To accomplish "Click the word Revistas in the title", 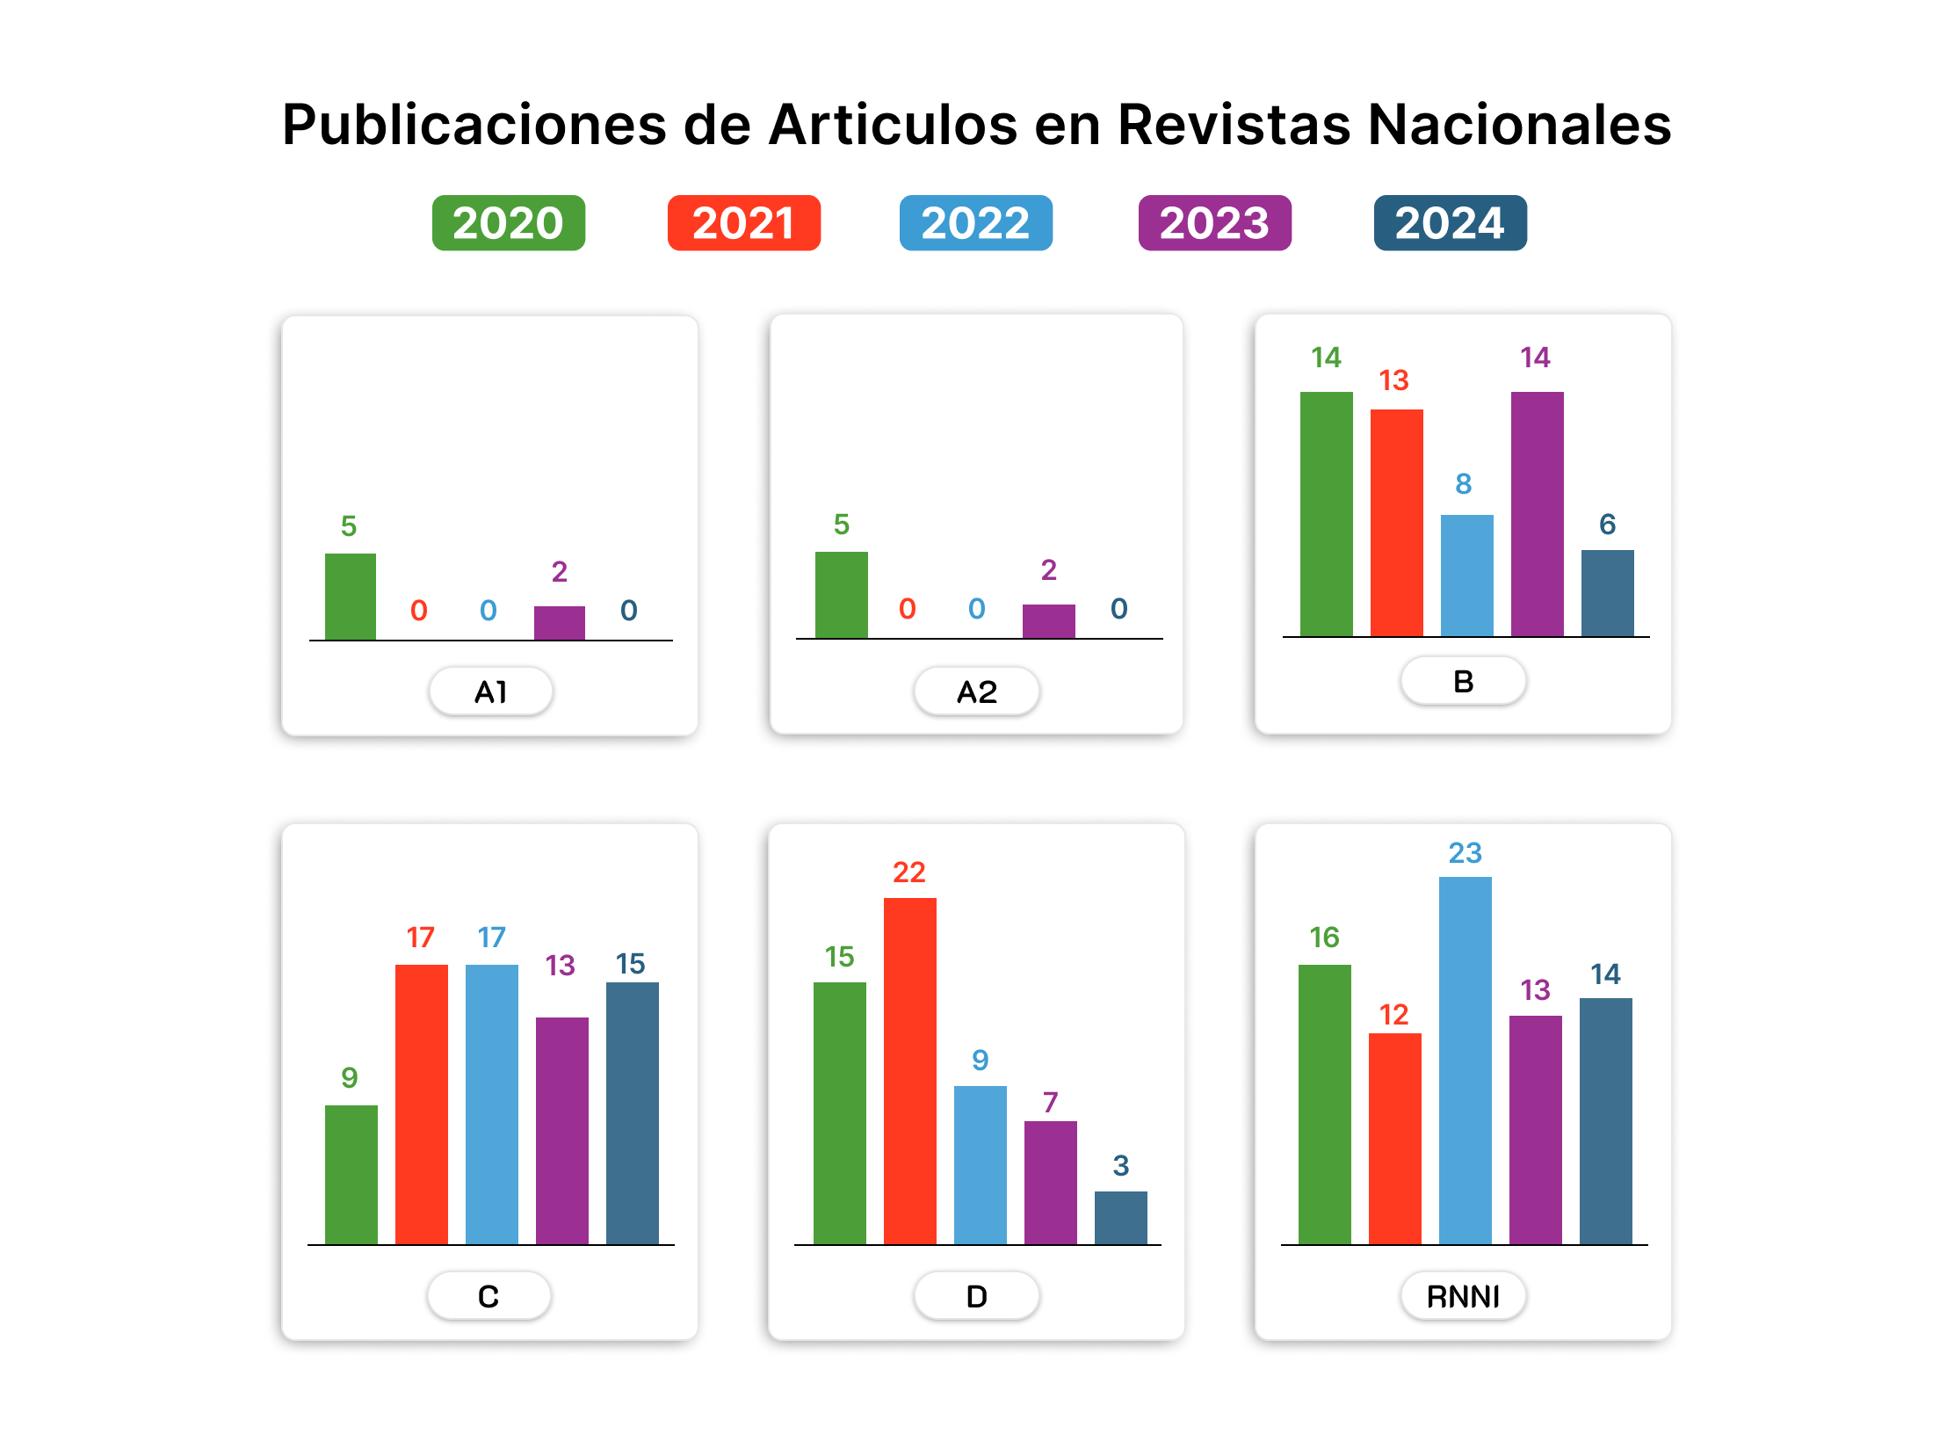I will pos(1234,125).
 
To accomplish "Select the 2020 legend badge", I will pos(508,223).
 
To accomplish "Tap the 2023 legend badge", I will pos(1214,223).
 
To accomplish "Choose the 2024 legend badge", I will pos(1450,223).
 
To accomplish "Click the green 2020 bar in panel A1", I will pos(351,597).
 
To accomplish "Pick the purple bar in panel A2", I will pos(1048,621).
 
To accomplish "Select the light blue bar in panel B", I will pos(1466,576).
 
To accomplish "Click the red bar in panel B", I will pos(1396,523).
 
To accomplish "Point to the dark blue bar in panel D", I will pos(1120,1218).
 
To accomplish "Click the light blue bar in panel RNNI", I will pos(1465,1060).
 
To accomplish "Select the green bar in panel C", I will pos(351,1174).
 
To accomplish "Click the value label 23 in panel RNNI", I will pos(1465,853).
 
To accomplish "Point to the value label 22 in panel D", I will pos(909,873).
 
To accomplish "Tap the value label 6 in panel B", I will pos(1607,525).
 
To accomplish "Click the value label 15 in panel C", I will pos(630,964).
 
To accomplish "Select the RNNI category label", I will pos(1463,1296).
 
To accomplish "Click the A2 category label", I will pos(976,692).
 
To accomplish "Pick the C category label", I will pos(488,1296).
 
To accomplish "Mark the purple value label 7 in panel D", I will pos(1050,1103).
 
